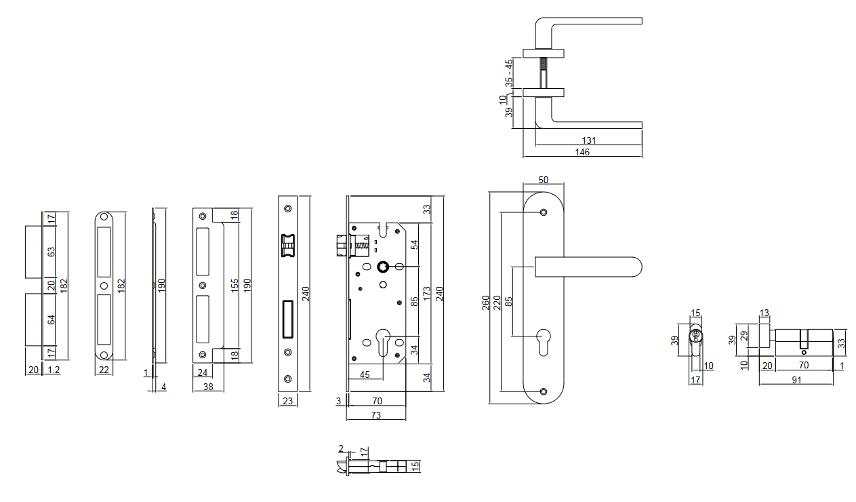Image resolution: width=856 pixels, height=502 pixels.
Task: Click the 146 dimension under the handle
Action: (x=582, y=153)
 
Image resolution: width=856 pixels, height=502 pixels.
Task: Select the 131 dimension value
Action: (x=588, y=140)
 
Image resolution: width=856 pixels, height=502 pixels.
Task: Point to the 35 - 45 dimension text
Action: (x=509, y=72)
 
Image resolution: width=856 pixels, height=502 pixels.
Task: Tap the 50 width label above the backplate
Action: (x=543, y=180)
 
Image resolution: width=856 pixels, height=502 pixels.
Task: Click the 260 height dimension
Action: (x=485, y=303)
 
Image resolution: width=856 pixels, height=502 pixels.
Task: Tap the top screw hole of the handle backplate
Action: (x=544, y=213)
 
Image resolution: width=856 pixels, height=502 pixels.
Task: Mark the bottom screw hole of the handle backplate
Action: (x=544, y=391)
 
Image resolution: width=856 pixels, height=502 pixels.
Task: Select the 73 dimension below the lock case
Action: (x=375, y=414)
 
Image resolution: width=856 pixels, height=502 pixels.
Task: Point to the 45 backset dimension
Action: (x=365, y=374)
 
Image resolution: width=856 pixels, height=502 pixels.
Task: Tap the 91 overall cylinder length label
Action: (x=796, y=380)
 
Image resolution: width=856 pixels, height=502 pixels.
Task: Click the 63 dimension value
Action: (x=51, y=252)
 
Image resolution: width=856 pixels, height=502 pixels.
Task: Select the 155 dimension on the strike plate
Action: (x=235, y=286)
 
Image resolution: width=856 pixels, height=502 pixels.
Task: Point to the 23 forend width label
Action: (x=287, y=401)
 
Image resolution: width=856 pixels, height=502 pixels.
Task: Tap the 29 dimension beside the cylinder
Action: (x=744, y=335)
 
